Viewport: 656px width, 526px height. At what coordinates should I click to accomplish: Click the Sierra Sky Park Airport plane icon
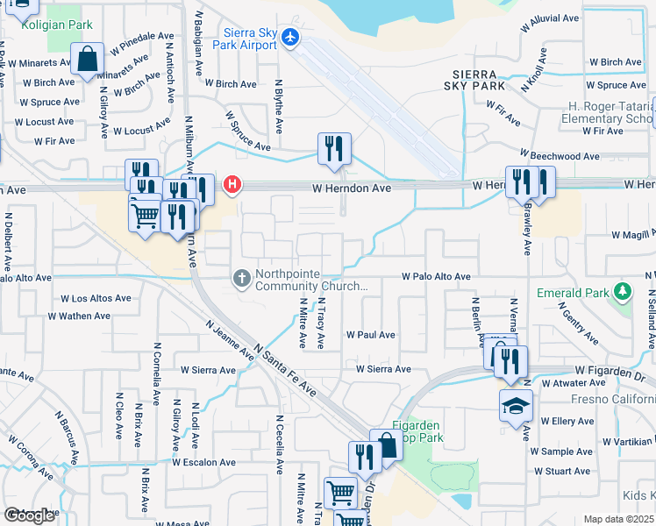291,37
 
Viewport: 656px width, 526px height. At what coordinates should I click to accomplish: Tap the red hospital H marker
232,184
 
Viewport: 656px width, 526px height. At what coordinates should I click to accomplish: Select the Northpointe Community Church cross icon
242,279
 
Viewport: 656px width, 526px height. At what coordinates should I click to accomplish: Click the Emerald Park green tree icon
623,290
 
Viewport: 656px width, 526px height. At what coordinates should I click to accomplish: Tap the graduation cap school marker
515,407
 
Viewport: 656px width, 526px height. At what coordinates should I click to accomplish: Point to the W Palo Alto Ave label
437,277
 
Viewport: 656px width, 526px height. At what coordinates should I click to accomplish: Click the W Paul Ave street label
370,335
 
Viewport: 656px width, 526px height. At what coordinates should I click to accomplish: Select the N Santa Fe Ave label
285,372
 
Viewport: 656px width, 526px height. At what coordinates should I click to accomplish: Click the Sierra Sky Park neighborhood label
479,80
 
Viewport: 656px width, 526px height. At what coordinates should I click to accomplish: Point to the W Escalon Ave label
203,462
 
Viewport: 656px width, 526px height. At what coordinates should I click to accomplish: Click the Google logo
29,516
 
